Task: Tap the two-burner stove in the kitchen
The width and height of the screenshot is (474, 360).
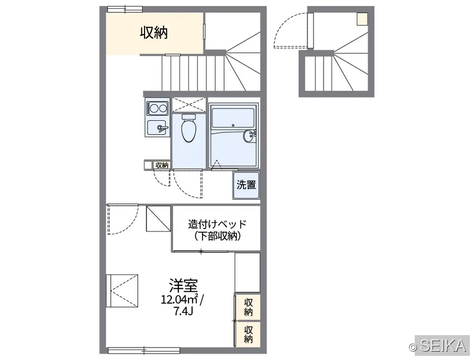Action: (157, 108)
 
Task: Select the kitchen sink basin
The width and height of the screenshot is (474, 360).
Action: (158, 128)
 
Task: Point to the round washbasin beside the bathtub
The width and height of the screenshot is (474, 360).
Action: (249, 136)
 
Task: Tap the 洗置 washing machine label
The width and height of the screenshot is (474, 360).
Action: (246, 185)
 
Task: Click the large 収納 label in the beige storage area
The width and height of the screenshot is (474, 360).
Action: (153, 33)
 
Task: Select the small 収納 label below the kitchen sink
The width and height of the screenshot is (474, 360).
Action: (162, 165)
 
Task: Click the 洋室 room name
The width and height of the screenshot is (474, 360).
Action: (183, 285)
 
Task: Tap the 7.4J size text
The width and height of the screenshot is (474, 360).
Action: (183, 311)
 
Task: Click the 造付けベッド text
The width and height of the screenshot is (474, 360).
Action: (217, 224)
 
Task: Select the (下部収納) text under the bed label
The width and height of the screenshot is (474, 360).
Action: (217, 236)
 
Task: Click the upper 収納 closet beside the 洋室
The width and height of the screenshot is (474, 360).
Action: (248, 307)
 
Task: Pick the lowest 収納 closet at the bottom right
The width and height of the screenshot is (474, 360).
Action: (248, 334)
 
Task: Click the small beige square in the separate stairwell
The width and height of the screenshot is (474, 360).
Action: (362, 19)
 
